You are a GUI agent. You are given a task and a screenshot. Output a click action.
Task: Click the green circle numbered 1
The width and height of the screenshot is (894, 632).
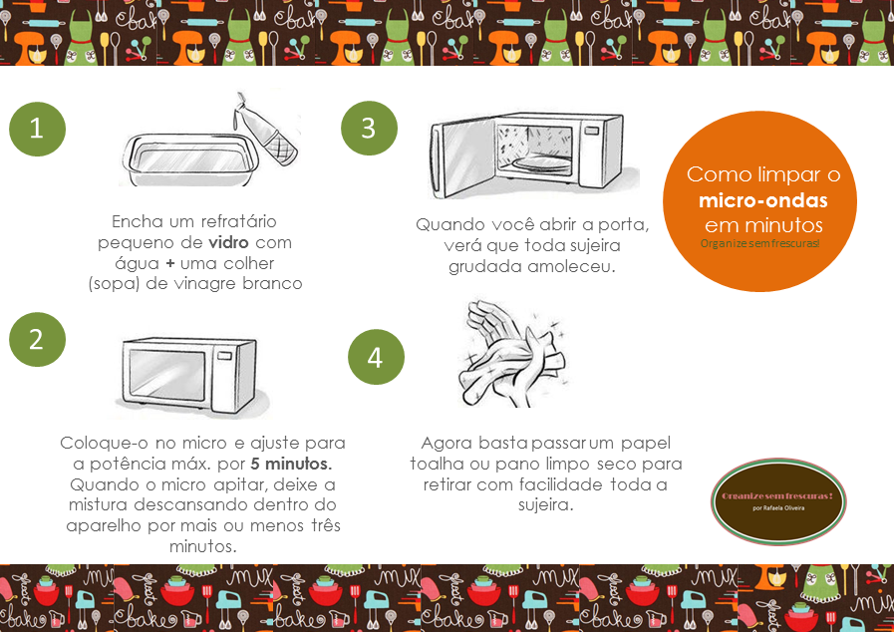pos(38,129)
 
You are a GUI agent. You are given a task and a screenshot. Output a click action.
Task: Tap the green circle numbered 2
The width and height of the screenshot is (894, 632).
pos(38,339)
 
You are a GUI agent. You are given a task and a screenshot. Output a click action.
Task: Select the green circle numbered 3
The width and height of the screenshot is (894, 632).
pos(369,129)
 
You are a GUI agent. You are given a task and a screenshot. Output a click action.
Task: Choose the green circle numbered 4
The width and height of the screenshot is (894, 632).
pos(376,358)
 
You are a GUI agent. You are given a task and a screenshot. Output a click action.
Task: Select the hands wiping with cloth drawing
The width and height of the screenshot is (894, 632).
pos(514,354)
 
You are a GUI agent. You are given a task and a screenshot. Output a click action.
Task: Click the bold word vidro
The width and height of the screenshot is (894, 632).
pos(228,243)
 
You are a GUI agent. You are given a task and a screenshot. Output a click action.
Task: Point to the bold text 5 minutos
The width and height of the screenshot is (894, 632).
pos(291,466)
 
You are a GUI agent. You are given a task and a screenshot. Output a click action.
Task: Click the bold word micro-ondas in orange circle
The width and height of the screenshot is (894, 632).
pos(763,199)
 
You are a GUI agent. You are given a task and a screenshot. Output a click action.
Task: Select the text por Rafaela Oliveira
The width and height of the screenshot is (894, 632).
pos(779,507)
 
